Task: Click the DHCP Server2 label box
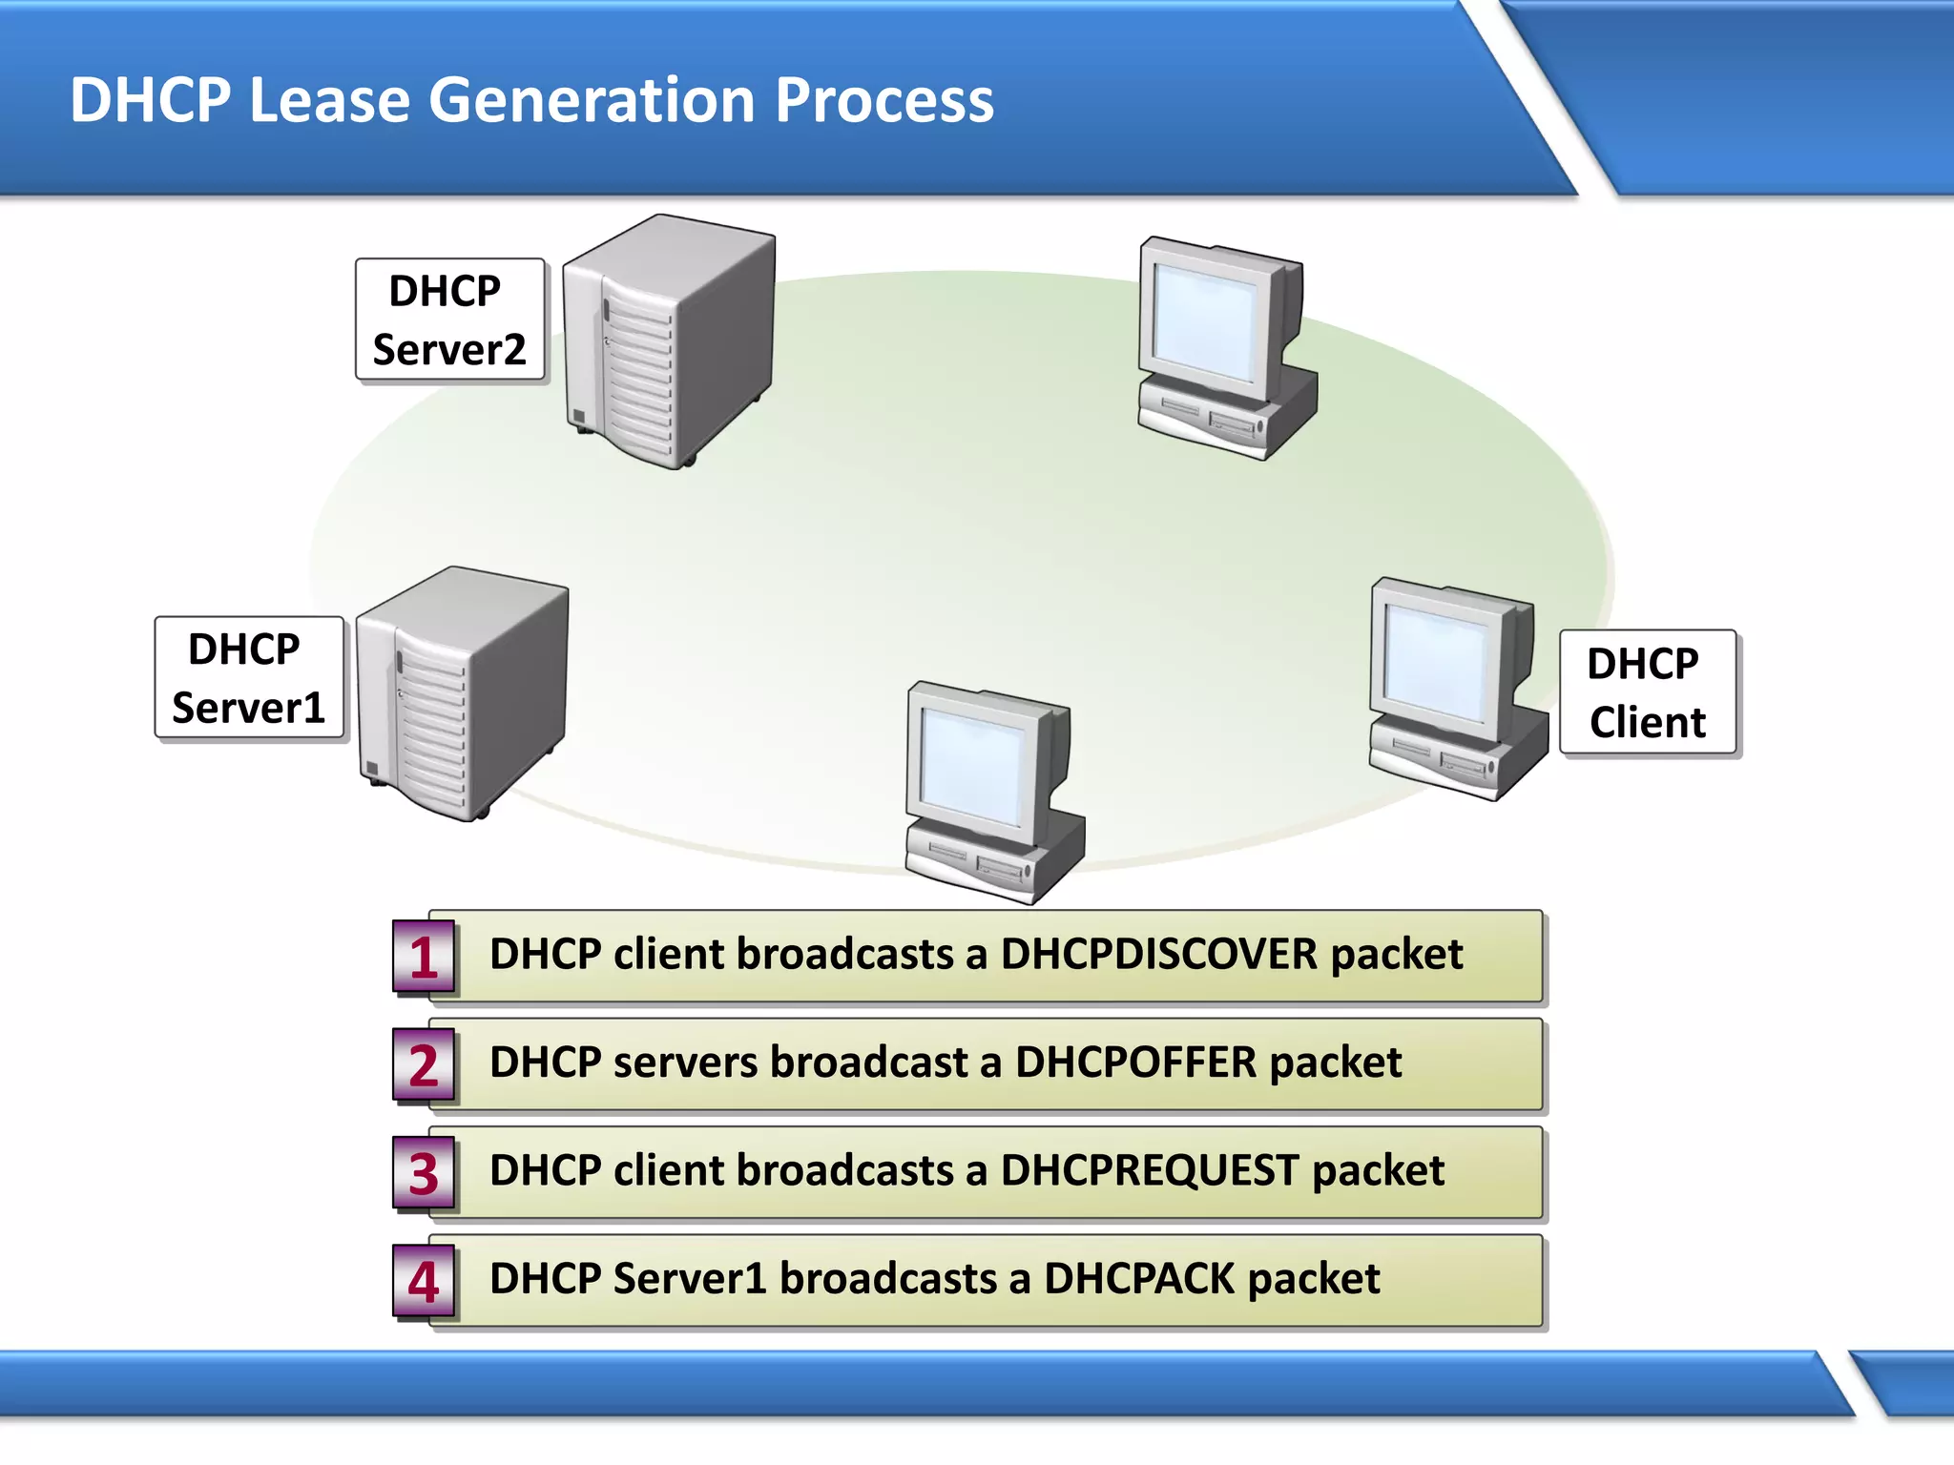pos(449,320)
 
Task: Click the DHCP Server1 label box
pos(249,678)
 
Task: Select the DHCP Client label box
pos(1647,692)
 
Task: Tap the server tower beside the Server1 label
pos(462,693)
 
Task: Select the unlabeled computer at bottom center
pos(992,792)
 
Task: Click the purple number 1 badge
pos(424,957)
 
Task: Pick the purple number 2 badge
pos(424,1064)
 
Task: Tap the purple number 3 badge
pos(424,1173)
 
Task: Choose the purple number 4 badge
pos(424,1281)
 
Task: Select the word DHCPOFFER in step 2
pos(1135,1063)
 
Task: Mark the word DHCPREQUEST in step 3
pos(1150,1170)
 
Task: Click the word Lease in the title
pos(329,100)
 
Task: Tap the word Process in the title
pos(883,100)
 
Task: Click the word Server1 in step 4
pos(690,1278)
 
